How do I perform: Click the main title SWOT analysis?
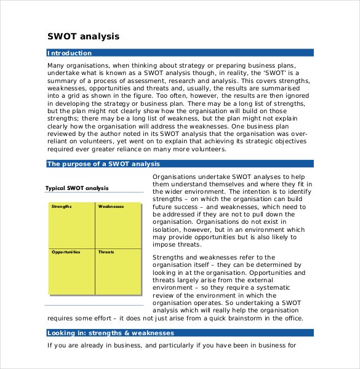click(x=84, y=36)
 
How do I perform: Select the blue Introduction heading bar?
click(x=180, y=54)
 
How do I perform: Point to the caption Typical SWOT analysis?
click(x=77, y=188)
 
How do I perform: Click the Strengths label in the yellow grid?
click(x=62, y=207)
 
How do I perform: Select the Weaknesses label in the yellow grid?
click(x=111, y=207)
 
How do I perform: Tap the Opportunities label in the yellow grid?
click(x=66, y=252)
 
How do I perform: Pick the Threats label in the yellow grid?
click(x=106, y=252)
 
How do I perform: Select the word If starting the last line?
click(x=50, y=345)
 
